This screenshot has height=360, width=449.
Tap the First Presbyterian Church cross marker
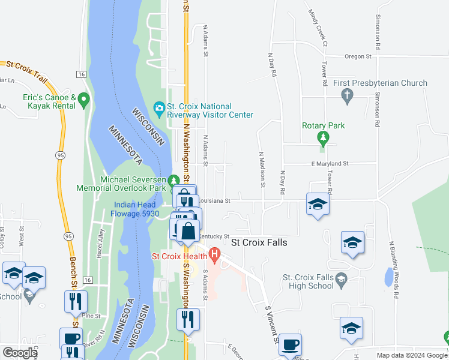coord(346,95)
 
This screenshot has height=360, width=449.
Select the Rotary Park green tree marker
coord(324,138)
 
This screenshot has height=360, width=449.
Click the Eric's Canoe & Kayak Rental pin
coord(83,99)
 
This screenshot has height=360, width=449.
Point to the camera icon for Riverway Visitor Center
coord(159,109)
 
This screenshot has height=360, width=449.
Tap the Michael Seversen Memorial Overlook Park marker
coord(174,180)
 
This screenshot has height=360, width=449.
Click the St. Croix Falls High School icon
coord(342,278)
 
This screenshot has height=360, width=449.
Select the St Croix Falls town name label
coord(259,243)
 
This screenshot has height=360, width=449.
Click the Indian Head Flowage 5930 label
coord(136,209)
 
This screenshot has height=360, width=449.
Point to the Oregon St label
coord(358,56)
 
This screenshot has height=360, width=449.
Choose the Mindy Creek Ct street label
coord(317,28)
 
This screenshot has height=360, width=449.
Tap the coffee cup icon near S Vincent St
coord(291,344)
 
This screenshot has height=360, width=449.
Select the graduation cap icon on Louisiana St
coord(318,204)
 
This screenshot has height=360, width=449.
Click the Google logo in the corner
coord(20,353)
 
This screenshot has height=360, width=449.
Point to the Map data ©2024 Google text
coord(411,355)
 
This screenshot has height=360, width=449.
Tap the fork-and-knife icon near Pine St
coord(76,301)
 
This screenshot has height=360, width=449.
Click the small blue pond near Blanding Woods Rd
coord(389,277)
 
